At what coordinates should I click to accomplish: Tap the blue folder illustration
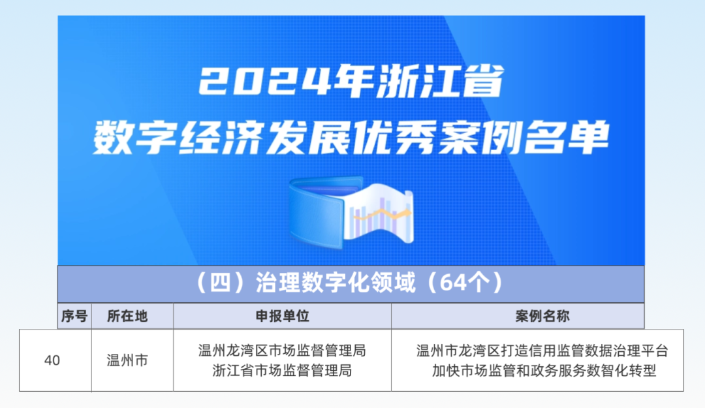pos(317,212)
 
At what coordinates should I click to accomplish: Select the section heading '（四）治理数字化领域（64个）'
pos(351,283)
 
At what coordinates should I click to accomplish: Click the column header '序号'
pos(74,317)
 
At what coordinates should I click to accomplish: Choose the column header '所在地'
pos(128,317)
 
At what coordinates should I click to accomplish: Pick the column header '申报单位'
pos(282,317)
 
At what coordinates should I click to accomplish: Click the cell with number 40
pos(52,360)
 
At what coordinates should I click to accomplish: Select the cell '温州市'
pos(127,360)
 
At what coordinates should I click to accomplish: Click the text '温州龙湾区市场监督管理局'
pos(282,351)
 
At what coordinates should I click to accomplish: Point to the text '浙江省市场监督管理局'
pos(282,371)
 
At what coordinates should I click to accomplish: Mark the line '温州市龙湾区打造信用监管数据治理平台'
pos(542,351)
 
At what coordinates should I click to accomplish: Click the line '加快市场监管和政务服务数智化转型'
pos(542,371)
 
